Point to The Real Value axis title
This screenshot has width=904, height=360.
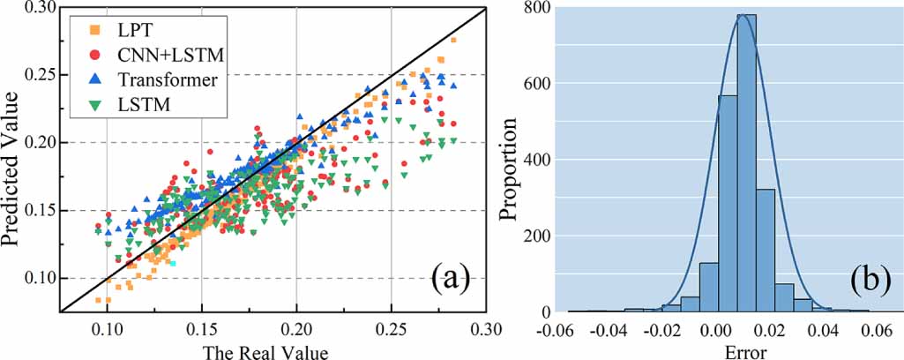coord(263,351)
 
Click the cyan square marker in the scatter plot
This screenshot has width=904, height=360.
coord(174,263)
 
